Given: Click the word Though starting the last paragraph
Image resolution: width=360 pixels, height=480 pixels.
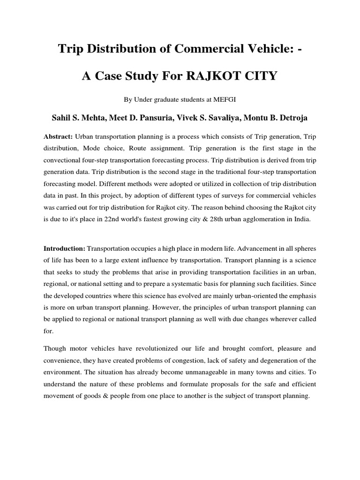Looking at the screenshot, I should click(54, 348).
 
